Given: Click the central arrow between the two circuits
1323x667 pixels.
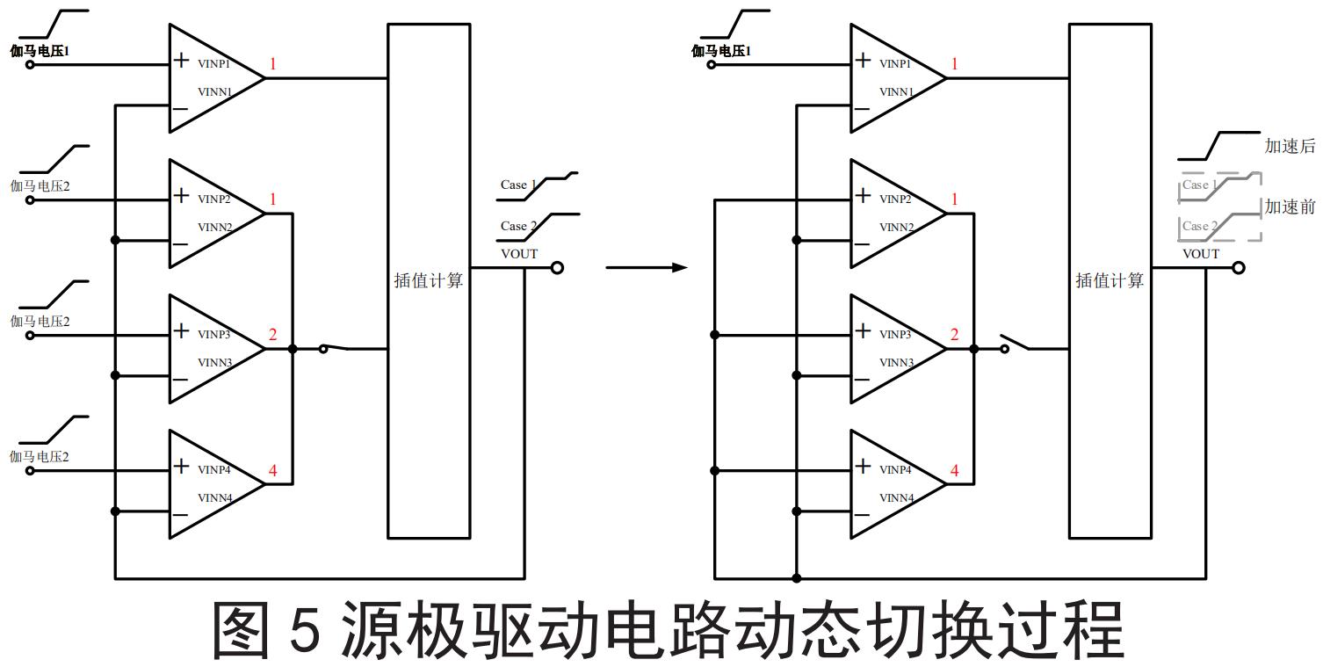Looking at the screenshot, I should tap(646, 267).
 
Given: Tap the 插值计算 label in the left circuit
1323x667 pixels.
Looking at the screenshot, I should tap(429, 281).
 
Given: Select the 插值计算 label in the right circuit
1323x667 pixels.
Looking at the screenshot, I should tap(1110, 281).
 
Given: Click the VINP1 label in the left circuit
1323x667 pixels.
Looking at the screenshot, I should tap(214, 64).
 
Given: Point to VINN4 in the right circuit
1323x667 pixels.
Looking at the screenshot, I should tap(896, 498).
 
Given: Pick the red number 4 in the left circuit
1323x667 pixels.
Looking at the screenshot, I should tap(272, 471).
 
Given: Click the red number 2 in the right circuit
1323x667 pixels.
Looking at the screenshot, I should tap(954, 336).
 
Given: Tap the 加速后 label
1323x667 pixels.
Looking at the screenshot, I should tap(1290, 147).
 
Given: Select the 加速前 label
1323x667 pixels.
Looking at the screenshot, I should tap(1290, 207).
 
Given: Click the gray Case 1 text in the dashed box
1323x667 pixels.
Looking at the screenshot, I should tap(1199, 185).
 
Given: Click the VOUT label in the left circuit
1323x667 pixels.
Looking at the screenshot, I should tap(519, 254).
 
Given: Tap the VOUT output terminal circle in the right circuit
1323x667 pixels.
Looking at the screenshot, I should tap(1239, 268).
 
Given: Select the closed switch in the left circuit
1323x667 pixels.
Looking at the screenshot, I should tap(335, 349).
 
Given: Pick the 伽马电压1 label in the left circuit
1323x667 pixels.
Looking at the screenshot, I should tap(40, 51).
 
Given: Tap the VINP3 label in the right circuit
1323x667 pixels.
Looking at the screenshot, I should tap(896, 335).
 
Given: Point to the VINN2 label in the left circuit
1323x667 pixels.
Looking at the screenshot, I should tap(214, 228).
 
